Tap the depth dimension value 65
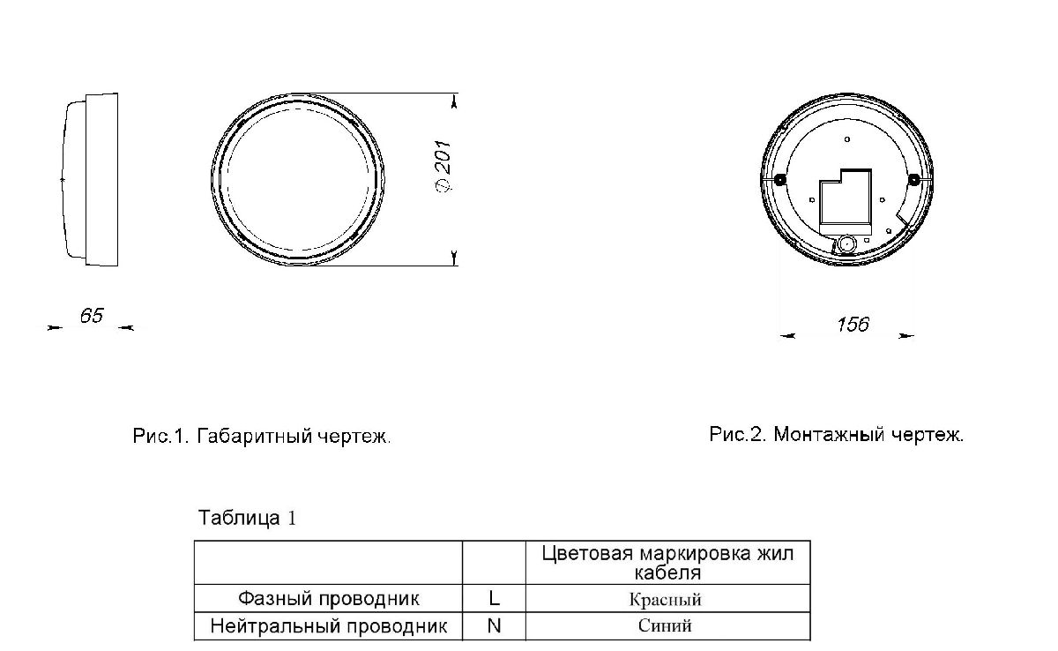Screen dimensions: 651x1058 92,316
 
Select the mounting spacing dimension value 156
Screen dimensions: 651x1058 853,325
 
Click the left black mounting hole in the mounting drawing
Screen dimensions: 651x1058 779,180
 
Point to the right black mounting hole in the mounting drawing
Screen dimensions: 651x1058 913,180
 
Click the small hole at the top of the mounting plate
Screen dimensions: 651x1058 846,139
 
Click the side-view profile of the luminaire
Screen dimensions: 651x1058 90,179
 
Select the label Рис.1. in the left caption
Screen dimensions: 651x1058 160,437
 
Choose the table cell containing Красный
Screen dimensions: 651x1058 667,600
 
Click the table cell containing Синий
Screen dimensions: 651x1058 667,627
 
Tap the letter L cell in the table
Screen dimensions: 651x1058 494,599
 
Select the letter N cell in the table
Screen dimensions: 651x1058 494,627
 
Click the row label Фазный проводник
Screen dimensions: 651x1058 328,599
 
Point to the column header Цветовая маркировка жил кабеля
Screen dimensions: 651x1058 667,563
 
